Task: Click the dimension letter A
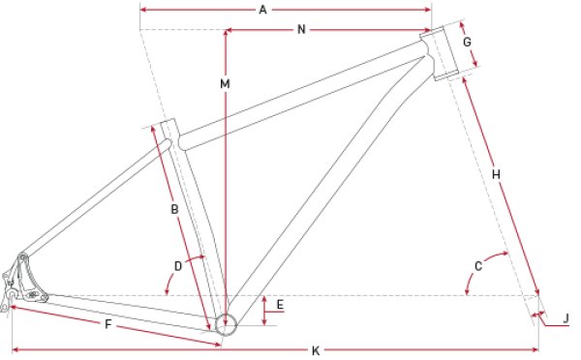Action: [x=262, y=10]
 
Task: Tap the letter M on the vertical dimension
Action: [x=225, y=85]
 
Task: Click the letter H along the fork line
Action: [x=495, y=174]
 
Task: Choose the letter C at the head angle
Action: [x=479, y=266]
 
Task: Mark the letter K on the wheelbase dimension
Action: [x=316, y=349]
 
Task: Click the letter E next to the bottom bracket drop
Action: [x=280, y=305]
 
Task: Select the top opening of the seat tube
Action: [x=165, y=123]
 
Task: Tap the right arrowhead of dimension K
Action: [x=535, y=348]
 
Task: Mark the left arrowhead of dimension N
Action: [x=230, y=30]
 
